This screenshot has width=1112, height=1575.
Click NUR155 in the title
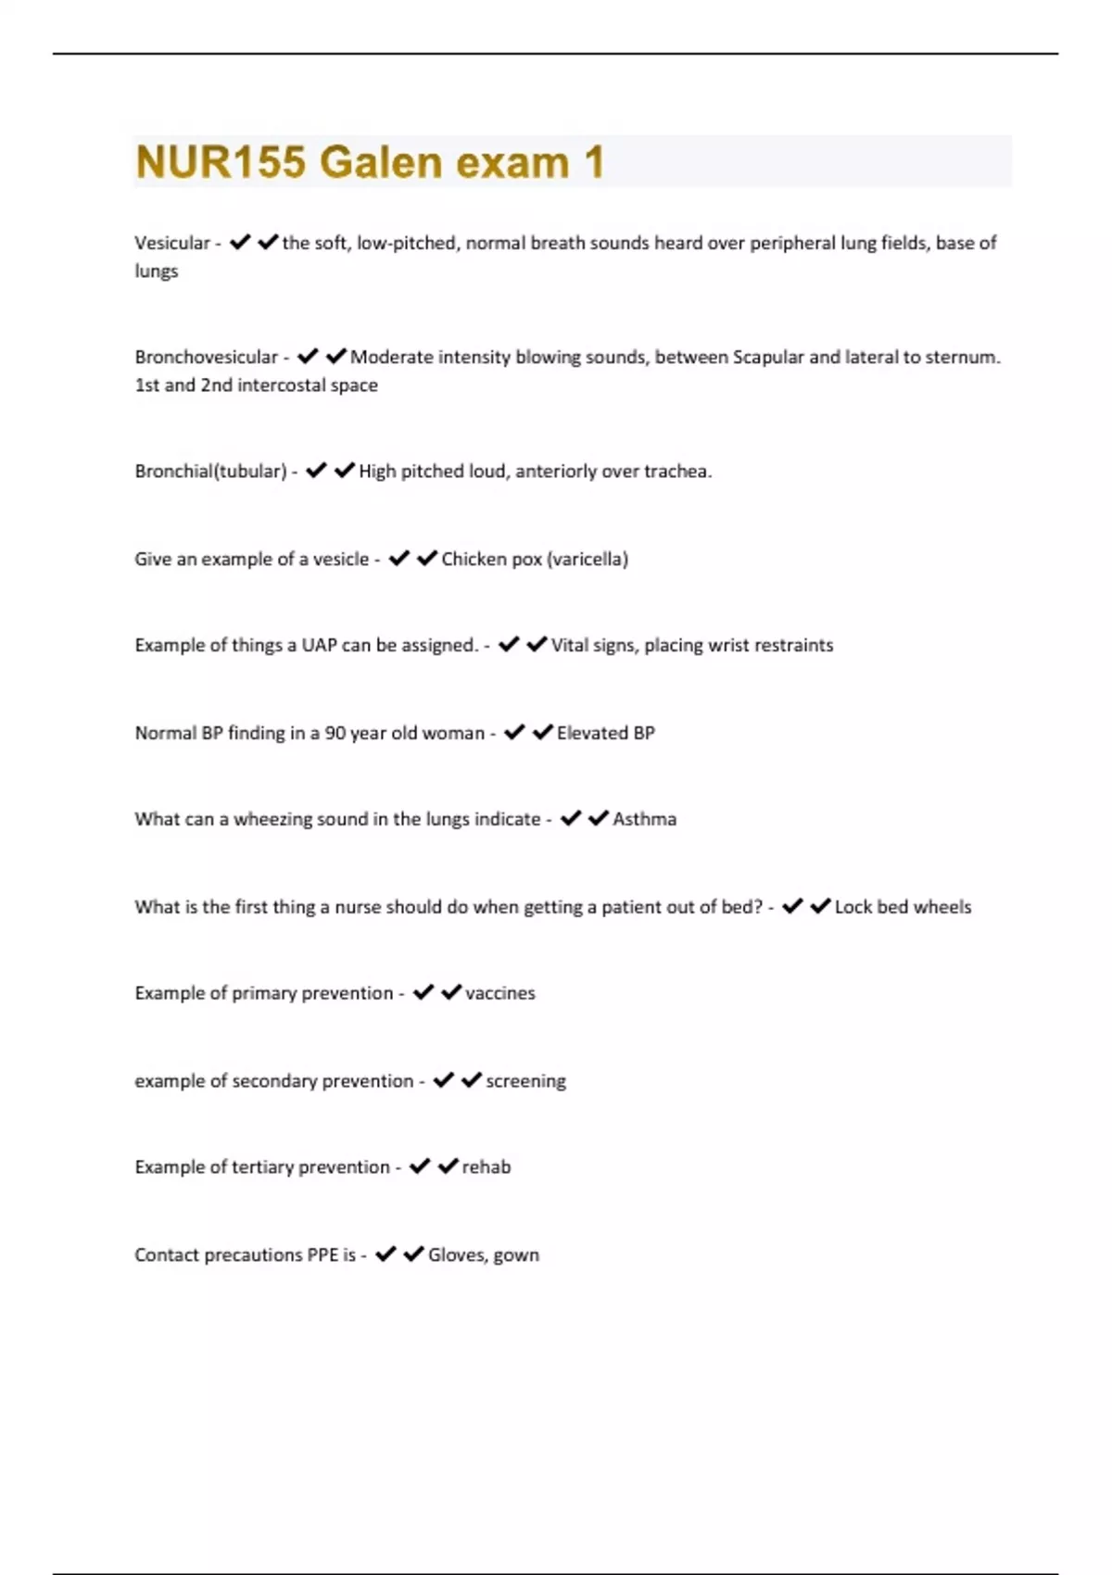[x=220, y=162]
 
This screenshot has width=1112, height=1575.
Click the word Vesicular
[x=172, y=243]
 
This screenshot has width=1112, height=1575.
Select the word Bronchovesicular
[x=206, y=357]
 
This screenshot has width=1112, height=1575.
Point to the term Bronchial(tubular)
[x=210, y=471]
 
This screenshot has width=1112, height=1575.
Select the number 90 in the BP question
[x=335, y=733]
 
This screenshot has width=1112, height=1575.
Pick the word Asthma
[x=644, y=819]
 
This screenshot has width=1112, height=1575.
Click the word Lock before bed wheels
[x=853, y=907]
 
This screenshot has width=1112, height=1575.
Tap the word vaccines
[x=499, y=993]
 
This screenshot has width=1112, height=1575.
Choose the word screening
[x=525, y=1081]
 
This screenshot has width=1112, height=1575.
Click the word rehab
[x=486, y=1167]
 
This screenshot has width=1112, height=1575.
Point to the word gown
[x=516, y=1255]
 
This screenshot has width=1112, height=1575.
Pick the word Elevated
[x=592, y=733]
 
